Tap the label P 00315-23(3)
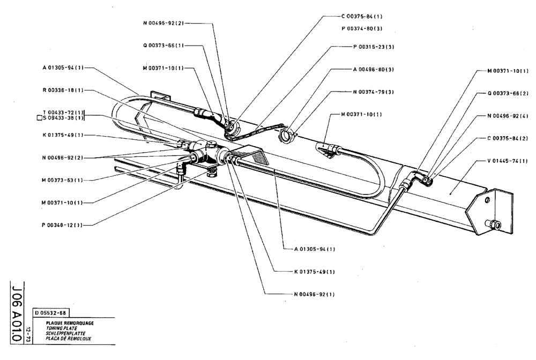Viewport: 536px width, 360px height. pos(374,47)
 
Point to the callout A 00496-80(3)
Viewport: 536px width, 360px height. pos(374,69)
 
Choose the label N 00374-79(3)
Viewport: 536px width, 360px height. pos(374,92)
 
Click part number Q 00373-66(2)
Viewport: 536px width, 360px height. pos(508,93)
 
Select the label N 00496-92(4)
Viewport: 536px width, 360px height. pos(508,116)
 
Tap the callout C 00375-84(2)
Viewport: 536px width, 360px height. pos(508,138)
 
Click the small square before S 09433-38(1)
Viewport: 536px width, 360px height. pos(39,118)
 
